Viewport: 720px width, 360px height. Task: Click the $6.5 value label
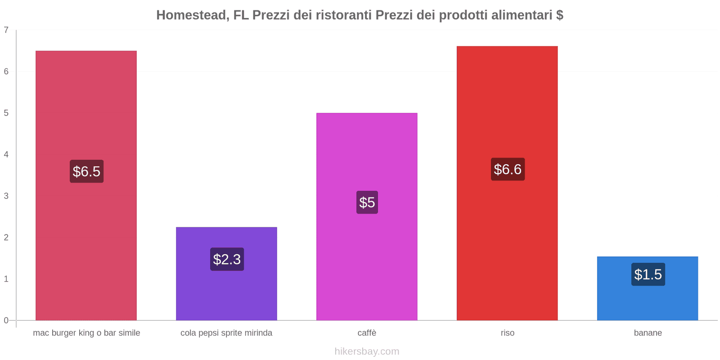point(86,171)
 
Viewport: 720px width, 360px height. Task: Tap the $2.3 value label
point(227,259)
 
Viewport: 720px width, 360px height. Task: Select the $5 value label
point(367,202)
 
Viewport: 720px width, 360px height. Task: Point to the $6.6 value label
point(508,169)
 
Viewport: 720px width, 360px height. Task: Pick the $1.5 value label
point(648,274)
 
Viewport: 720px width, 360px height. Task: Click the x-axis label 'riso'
point(507,333)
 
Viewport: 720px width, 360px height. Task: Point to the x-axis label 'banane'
point(648,333)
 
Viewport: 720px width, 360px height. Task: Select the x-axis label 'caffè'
point(367,333)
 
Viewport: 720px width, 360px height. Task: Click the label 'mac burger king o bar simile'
point(86,333)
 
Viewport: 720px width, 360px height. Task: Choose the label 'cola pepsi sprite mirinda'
point(226,333)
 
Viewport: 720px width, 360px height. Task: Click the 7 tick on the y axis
point(6,30)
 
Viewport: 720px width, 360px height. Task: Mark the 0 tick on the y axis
point(6,320)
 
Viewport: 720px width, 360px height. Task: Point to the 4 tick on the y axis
point(6,154)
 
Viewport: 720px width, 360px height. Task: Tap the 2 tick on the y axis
point(6,238)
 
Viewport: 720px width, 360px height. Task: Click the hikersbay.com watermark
point(367,351)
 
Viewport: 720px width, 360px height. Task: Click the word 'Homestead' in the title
point(190,15)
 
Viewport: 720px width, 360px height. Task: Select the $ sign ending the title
point(559,15)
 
